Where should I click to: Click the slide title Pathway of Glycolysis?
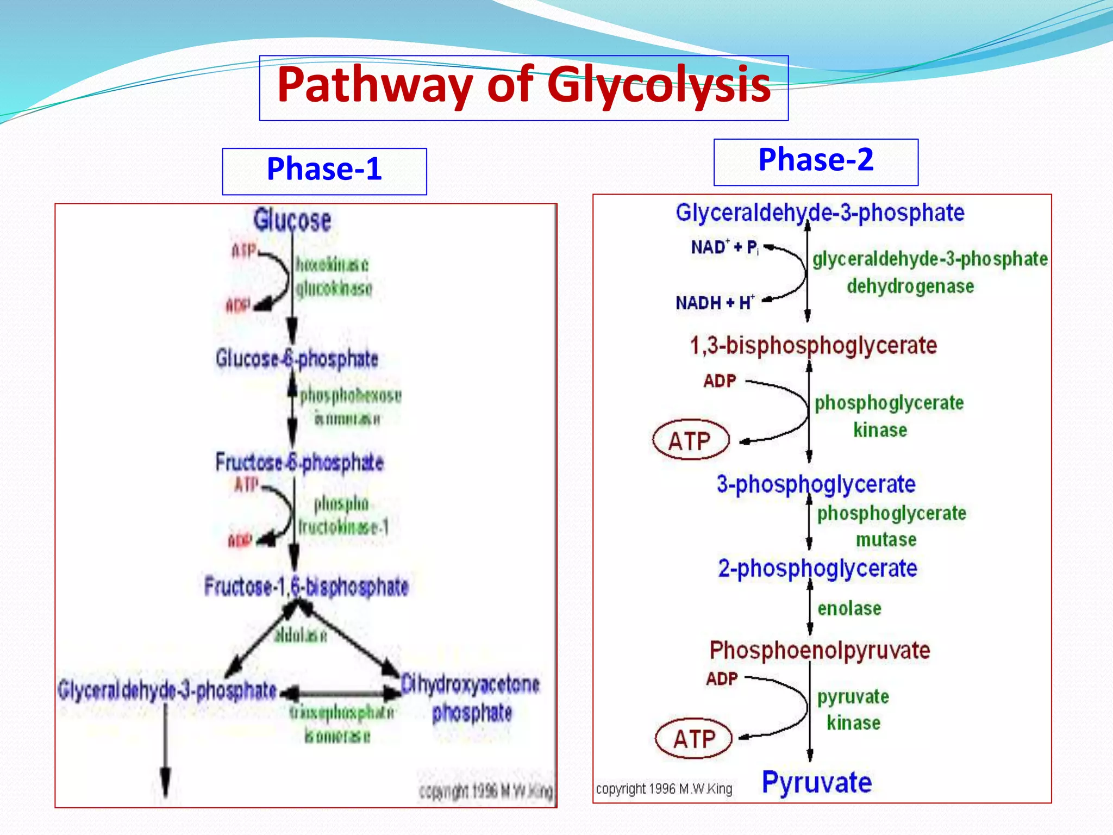coord(523,85)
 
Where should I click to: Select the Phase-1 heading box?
coord(324,171)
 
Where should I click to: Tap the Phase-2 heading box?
coord(816,161)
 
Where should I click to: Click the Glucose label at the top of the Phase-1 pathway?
coord(292,220)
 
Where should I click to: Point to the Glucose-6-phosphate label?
coord(297,359)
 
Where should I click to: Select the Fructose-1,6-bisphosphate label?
coord(306,587)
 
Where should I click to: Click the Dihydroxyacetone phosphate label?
coord(471,698)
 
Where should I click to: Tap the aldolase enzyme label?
coord(301,634)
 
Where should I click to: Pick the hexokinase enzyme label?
coord(332,265)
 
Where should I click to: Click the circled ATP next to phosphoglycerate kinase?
coord(690,440)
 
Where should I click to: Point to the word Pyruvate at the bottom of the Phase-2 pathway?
coord(816,782)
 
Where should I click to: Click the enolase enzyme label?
coord(849,608)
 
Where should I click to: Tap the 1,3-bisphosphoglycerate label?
coord(813,346)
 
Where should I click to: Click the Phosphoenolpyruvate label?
coord(820,650)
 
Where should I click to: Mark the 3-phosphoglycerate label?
coord(816,484)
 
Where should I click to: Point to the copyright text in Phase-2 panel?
coord(664,789)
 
